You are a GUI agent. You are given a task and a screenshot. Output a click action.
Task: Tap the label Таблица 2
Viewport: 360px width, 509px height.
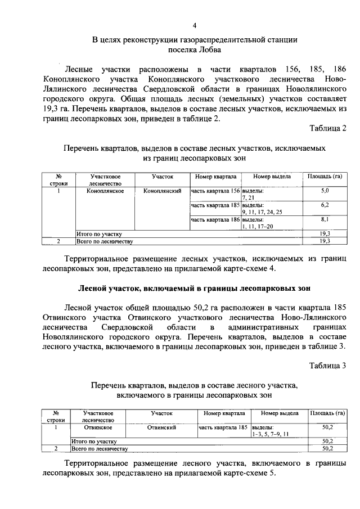tap(328, 128)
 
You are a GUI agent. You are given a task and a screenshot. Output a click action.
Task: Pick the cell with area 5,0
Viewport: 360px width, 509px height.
tap(325, 192)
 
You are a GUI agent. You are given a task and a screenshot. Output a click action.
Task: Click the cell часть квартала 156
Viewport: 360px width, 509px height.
tap(215, 192)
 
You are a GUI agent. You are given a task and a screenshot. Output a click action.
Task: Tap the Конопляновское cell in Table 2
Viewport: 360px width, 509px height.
tap(105, 192)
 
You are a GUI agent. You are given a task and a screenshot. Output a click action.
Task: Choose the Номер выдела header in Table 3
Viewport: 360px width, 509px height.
tap(278, 413)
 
